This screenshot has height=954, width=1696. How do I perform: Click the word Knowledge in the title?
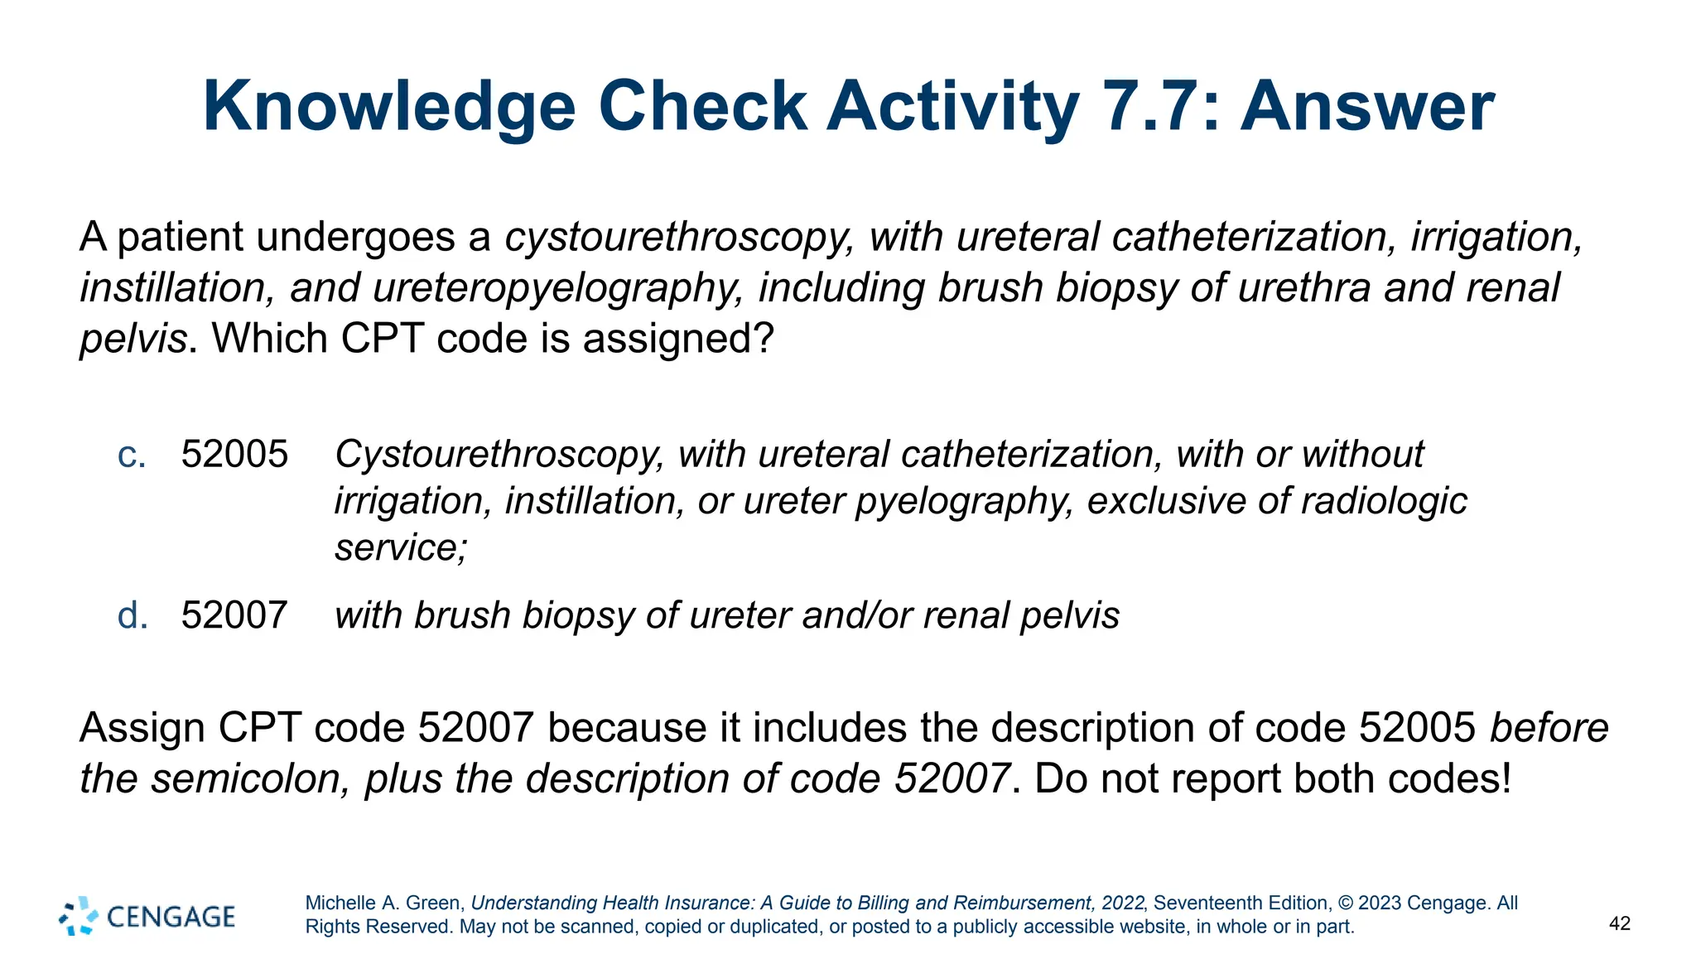389,108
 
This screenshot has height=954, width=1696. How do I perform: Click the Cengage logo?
147,916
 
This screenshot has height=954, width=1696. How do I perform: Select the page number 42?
1620,923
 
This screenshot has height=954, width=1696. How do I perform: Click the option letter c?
132,455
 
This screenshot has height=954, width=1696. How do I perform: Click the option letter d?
132,615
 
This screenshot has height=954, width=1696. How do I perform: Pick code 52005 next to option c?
234,455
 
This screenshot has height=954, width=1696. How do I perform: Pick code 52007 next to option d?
234,615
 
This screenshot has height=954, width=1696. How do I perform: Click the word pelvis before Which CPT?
133,339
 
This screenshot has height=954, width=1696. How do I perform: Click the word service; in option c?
401,547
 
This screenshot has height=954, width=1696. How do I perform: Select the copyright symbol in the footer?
1346,903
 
